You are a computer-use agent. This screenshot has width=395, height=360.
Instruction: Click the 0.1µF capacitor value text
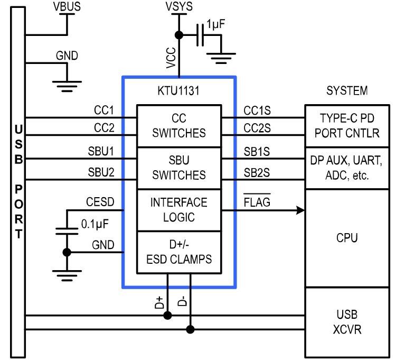[95, 224]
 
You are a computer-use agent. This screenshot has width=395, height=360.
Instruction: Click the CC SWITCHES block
[179, 126]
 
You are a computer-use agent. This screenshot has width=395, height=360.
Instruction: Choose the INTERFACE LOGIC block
[179, 209]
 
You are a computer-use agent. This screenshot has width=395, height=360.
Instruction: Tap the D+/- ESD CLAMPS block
[179, 252]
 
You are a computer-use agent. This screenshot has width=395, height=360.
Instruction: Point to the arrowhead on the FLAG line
[301, 210]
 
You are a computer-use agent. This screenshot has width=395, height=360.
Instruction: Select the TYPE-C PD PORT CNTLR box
[350, 126]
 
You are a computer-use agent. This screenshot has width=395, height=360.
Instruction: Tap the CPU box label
[350, 238]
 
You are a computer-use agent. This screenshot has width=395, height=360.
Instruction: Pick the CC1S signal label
[257, 110]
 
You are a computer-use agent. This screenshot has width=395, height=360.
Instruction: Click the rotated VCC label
[170, 57]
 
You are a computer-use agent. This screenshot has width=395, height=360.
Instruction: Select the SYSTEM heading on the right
[346, 91]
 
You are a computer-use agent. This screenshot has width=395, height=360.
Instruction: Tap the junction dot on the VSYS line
[179, 35]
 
